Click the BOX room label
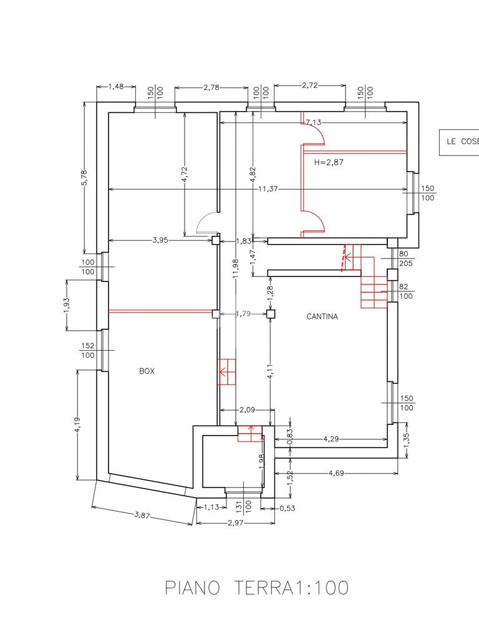coord(147,371)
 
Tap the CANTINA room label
coord(322,316)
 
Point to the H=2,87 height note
coord(329,162)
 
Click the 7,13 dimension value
coord(313,122)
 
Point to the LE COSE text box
coord(459,142)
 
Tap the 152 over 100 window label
coord(87,350)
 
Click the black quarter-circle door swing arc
coord(205,222)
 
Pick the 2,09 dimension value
coord(248,410)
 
